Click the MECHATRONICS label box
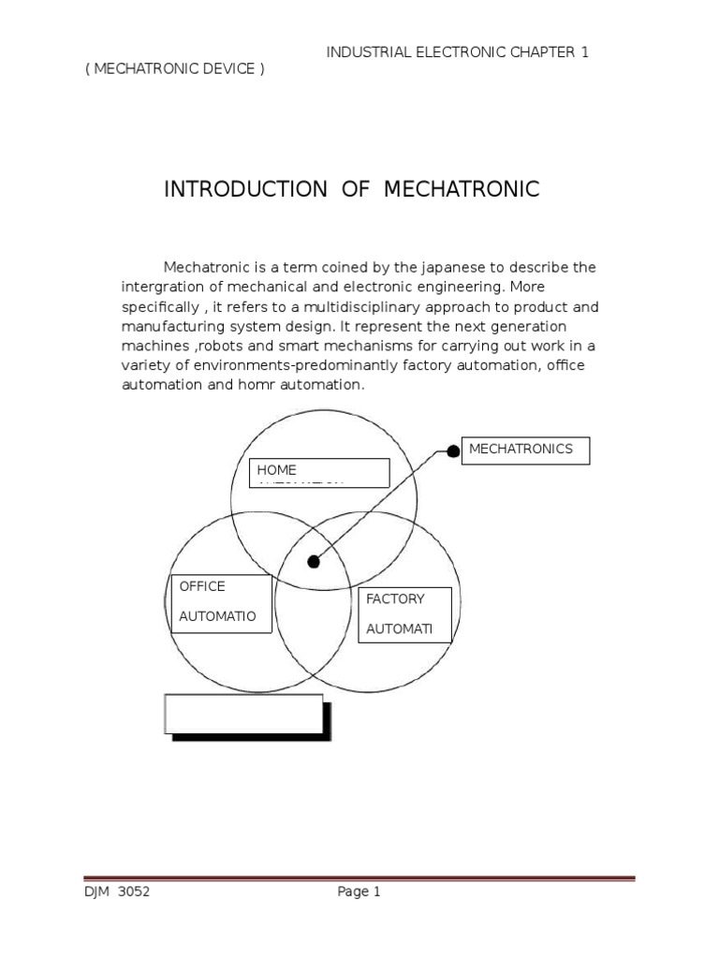point(525,450)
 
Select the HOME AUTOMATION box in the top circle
point(319,473)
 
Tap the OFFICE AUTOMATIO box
point(221,603)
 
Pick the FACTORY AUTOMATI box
point(404,614)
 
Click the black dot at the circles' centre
point(314,562)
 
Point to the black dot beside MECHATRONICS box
point(453,451)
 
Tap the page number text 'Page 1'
point(359,893)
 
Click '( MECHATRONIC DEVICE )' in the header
point(175,71)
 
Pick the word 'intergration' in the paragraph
point(160,288)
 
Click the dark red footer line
point(359,878)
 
